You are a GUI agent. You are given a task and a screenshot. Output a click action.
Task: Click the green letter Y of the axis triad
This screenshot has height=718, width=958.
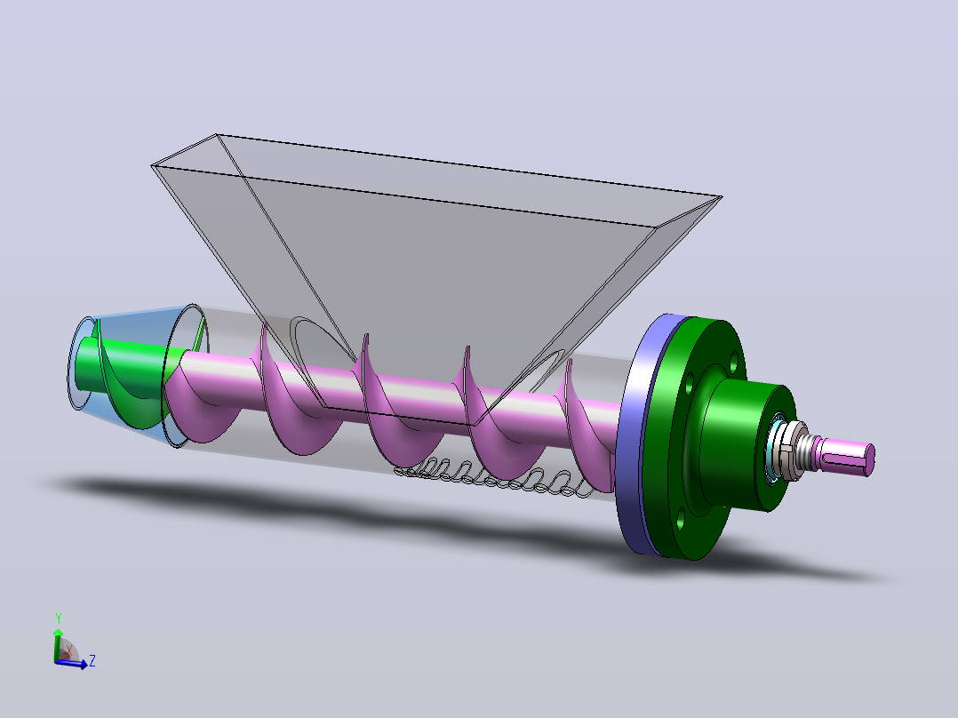(x=59, y=618)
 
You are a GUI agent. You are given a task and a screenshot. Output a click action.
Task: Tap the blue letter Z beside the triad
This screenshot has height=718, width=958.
(x=92, y=660)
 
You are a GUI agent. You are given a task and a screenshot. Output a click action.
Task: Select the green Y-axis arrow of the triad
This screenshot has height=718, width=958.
(x=58, y=644)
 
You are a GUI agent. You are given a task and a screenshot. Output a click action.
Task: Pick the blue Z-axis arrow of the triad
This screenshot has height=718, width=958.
(x=72, y=664)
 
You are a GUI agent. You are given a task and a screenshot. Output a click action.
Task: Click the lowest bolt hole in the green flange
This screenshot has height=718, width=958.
(x=680, y=523)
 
